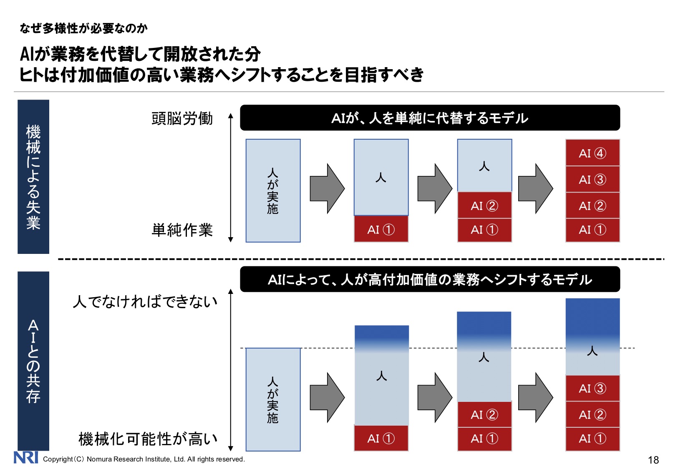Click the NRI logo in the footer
pyautogui.click(x=26, y=457)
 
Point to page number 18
pyautogui.click(x=653, y=460)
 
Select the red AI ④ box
pyautogui.click(x=592, y=153)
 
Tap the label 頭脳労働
pyautogui.click(x=182, y=118)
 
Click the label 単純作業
pyautogui.click(x=182, y=230)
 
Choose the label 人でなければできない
pyautogui.click(x=145, y=301)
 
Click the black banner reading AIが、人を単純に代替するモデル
pyautogui.click(x=430, y=118)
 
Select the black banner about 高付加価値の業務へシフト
pyautogui.click(x=430, y=279)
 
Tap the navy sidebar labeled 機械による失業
pyautogui.click(x=33, y=177)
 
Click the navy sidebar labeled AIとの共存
pyautogui.click(x=33, y=361)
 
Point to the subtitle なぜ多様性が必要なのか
pyautogui.click(x=83, y=28)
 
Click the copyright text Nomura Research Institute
pyautogui.click(x=144, y=459)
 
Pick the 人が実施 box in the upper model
pyautogui.click(x=273, y=191)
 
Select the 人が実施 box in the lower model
pyautogui.click(x=273, y=399)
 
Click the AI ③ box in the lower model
pyautogui.click(x=592, y=388)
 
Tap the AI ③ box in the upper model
pyautogui.click(x=592, y=179)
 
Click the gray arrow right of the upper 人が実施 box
pyautogui.click(x=327, y=189)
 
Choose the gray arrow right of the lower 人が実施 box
pyautogui.click(x=327, y=397)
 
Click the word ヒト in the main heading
pyautogui.click(x=31, y=75)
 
